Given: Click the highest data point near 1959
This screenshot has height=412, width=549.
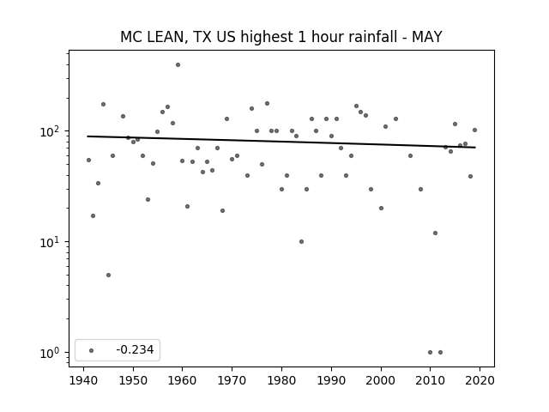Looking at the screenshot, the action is click(178, 65).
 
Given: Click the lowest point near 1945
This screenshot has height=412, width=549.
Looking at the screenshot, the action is click(109, 275).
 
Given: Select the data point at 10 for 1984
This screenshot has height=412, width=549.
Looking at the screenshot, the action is click(301, 242).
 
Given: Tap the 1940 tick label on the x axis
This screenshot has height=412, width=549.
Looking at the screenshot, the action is click(84, 380).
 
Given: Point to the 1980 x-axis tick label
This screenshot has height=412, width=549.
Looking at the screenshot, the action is click(281, 380).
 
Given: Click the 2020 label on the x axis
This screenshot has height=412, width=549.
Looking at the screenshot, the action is click(480, 380).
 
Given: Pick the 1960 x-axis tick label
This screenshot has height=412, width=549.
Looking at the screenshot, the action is click(183, 380).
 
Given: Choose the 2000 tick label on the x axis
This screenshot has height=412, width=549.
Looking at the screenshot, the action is click(381, 380).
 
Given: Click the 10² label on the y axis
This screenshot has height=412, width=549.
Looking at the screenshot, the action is click(52, 131).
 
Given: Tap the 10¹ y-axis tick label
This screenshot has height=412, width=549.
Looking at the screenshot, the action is click(52, 242).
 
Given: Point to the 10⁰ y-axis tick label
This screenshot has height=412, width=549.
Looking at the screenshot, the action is click(52, 353).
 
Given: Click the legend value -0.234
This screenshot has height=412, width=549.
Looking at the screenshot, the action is click(135, 349).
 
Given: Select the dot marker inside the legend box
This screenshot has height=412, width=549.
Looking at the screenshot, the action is click(92, 350).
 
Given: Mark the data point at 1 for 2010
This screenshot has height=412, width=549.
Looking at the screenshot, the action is click(431, 353).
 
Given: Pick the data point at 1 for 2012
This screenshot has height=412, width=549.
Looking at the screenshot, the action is click(440, 353).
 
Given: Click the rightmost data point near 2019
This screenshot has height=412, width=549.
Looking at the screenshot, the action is click(474, 130).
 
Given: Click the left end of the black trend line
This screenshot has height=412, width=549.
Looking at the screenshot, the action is click(87, 136).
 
